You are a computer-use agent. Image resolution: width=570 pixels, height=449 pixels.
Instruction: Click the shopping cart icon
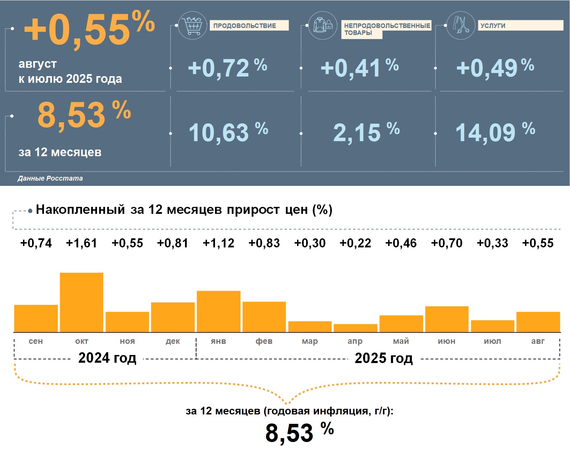[x=192, y=25]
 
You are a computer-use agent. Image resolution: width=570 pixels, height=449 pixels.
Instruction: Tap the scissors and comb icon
[x=461, y=25]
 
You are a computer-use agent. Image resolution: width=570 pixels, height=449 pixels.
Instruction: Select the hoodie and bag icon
[x=323, y=25]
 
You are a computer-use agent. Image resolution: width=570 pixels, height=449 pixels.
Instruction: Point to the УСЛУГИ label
[x=493, y=26]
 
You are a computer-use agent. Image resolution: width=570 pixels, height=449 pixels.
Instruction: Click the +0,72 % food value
[x=227, y=68]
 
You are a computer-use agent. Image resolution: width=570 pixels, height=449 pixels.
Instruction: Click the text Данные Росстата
[x=50, y=178]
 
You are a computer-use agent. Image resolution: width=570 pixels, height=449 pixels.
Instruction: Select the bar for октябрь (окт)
[x=82, y=302]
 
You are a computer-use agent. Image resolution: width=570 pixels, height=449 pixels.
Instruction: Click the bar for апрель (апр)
[x=355, y=328]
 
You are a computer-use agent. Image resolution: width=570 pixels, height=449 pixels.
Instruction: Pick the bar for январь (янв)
[x=219, y=311]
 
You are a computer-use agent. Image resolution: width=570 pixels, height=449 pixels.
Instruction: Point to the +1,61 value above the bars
[x=82, y=243]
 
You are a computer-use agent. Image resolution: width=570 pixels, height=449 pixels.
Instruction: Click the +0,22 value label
[x=355, y=243]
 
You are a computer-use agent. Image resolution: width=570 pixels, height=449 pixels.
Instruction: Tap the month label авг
[x=538, y=341]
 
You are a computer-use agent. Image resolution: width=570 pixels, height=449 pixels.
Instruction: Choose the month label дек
[x=173, y=341]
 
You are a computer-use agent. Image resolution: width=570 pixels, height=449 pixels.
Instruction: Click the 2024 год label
[x=107, y=358]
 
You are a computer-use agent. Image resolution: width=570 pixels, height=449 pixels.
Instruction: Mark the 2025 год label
[x=384, y=358]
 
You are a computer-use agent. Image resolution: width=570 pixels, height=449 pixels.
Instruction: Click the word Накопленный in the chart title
[x=80, y=210]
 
